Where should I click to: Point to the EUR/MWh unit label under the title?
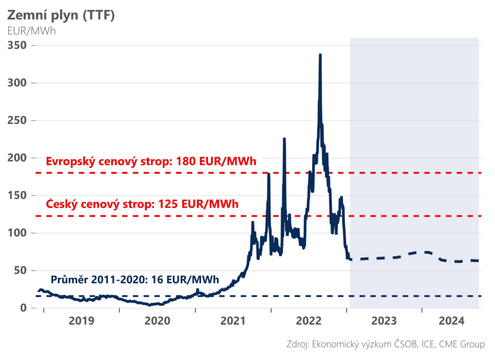point(32,31)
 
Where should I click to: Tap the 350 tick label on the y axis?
point(17,45)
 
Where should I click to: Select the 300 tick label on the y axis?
point(17,83)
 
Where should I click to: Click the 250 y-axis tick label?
point(17,120)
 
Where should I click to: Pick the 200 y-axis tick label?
point(17,158)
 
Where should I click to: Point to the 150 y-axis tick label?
point(17,195)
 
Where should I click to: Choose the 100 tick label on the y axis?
point(17,233)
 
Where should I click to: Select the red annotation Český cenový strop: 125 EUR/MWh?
point(142,204)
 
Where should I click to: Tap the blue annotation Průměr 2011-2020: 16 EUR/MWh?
point(135,280)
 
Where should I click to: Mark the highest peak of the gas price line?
point(321,55)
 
